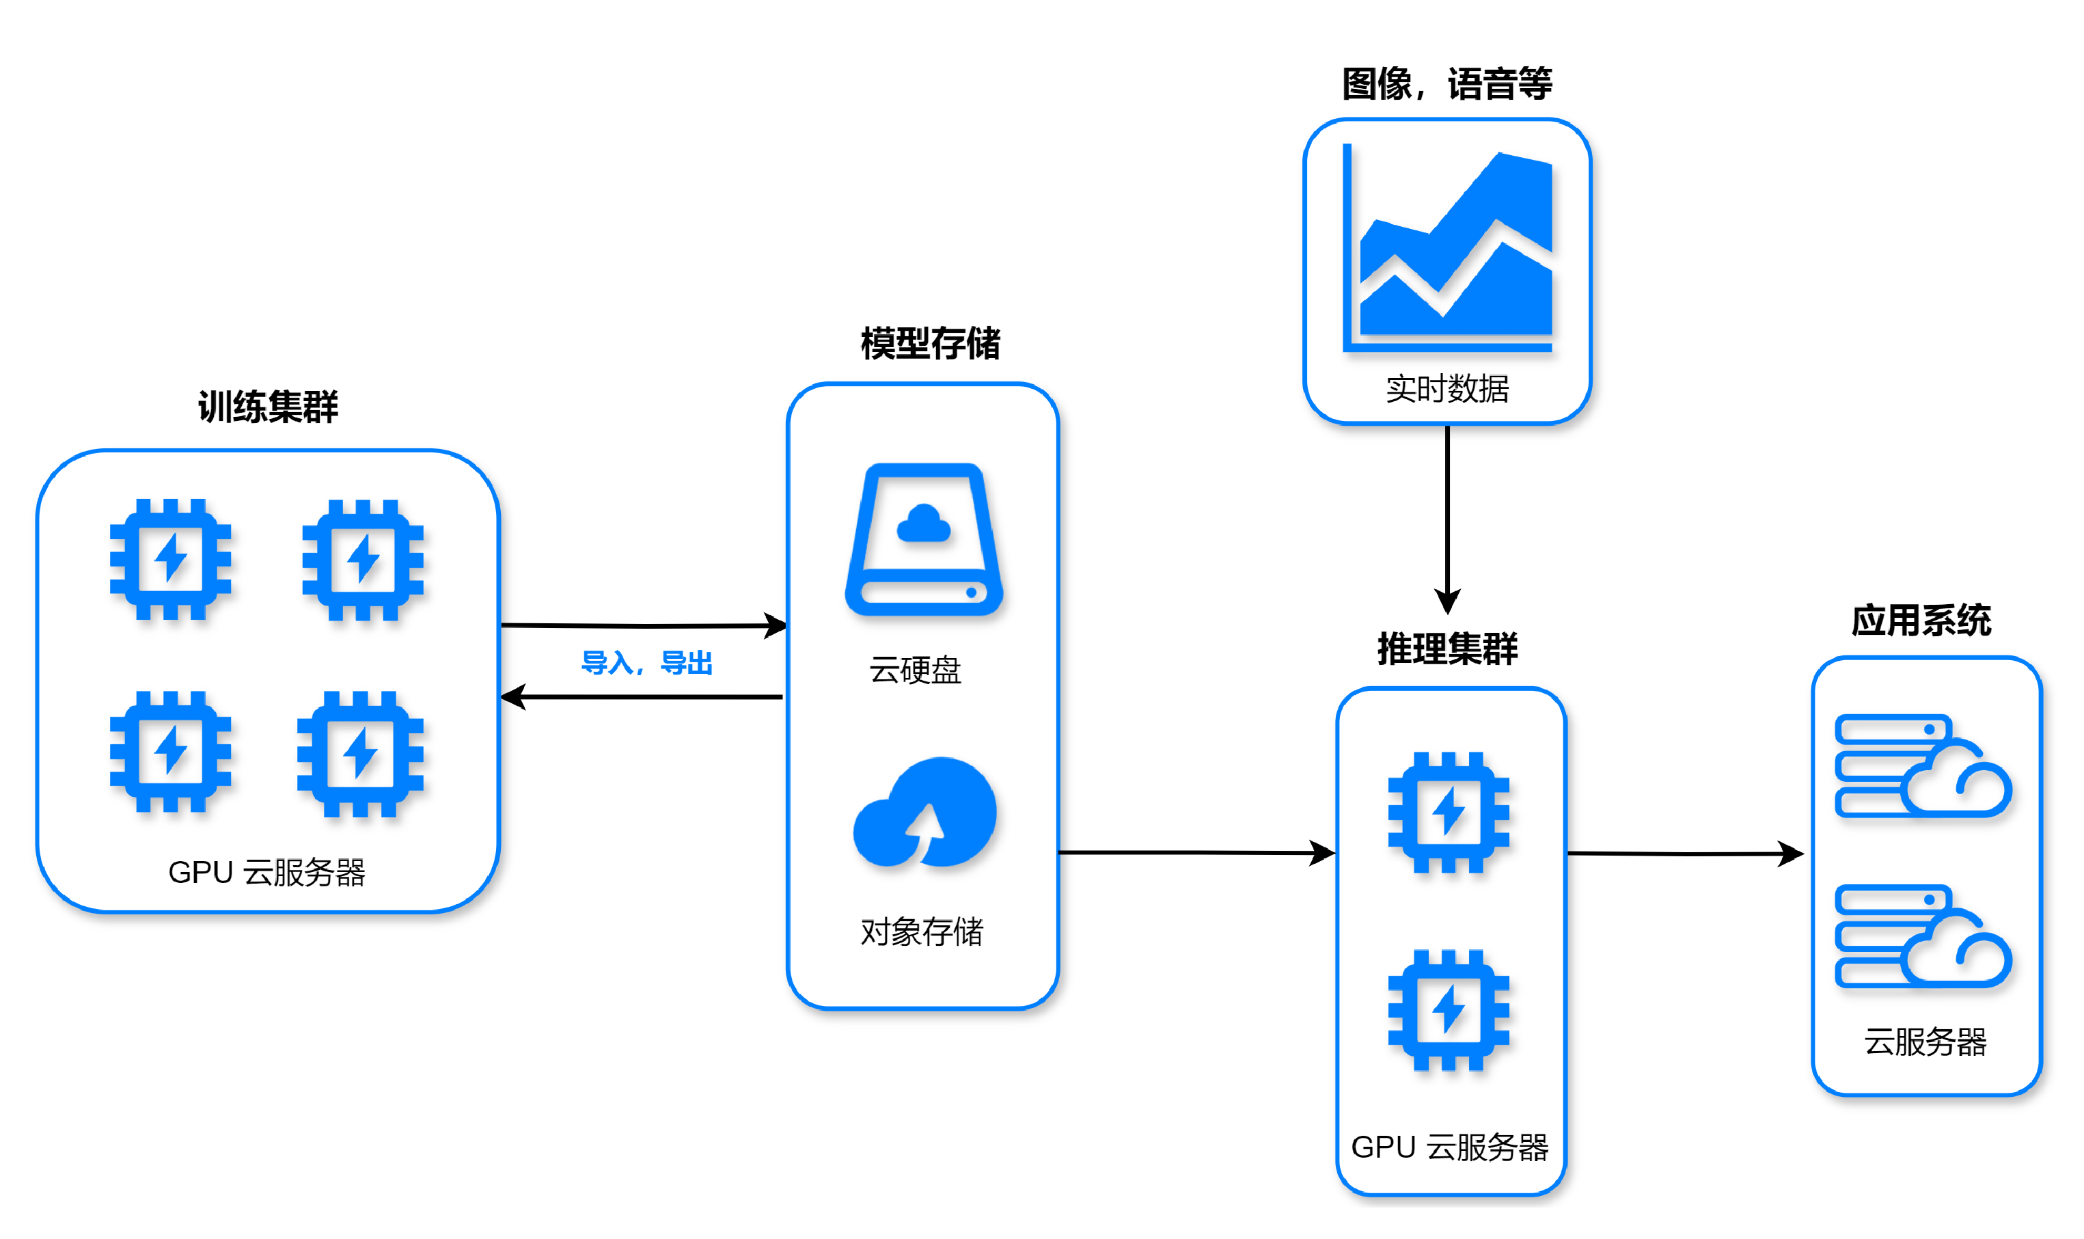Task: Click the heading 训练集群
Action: click(x=268, y=407)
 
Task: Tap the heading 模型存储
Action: click(x=930, y=343)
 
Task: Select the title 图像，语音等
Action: click(x=1447, y=83)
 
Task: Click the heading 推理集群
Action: click(x=1447, y=649)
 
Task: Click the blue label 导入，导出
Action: click(x=647, y=663)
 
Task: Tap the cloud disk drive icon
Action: click(x=923, y=539)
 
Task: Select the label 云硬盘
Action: click(x=915, y=670)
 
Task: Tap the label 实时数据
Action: click(x=1447, y=389)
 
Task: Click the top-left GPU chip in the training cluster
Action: click(x=170, y=558)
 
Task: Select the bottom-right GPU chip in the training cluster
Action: click(x=361, y=753)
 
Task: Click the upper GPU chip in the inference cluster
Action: click(x=1448, y=811)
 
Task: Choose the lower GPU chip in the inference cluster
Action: click(x=1448, y=1009)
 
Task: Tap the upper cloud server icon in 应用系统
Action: click(x=1922, y=765)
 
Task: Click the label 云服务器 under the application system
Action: click(x=1925, y=1041)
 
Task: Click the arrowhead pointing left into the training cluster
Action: click(x=512, y=696)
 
